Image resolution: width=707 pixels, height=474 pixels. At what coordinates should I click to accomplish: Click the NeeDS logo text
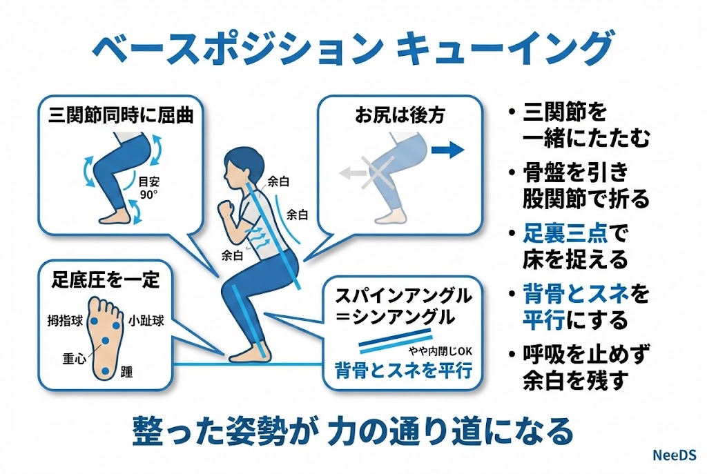coord(674,455)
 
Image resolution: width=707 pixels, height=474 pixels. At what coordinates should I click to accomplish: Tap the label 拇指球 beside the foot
coord(66,321)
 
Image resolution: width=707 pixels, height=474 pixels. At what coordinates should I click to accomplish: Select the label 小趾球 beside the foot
coord(146,321)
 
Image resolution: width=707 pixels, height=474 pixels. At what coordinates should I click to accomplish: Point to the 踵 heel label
coord(127,372)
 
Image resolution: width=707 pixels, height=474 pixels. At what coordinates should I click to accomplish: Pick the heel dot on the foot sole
coord(106,371)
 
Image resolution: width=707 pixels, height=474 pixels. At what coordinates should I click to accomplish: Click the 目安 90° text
coord(149,188)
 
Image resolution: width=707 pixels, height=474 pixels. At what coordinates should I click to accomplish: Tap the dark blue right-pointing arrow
coord(447,150)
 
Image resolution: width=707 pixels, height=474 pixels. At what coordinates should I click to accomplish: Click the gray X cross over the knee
coord(378,172)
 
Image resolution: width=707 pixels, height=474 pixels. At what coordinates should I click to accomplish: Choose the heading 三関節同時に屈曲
coord(121,115)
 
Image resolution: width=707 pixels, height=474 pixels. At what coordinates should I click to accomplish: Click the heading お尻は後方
coord(400,115)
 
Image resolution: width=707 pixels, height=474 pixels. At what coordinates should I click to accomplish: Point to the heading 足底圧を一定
coord(106,280)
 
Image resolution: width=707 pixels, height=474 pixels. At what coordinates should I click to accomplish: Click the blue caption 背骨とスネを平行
coord(403,371)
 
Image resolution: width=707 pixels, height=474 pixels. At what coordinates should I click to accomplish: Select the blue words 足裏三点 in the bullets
coord(565,233)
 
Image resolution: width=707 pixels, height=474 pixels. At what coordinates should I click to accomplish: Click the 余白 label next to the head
coord(278,181)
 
